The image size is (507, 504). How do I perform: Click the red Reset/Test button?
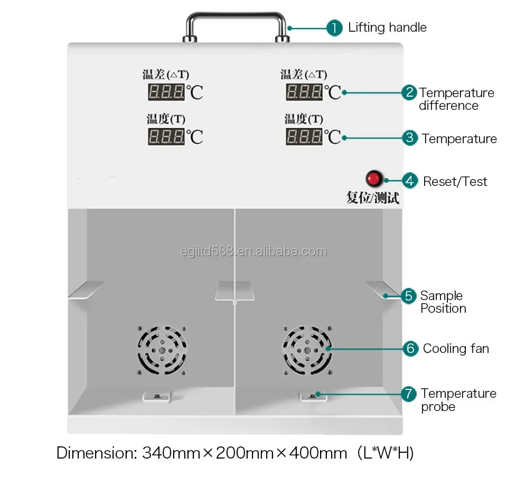374,179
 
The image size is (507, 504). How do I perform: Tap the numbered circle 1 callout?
334,27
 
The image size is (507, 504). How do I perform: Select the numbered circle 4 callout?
410,181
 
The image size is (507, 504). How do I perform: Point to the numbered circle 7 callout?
408,394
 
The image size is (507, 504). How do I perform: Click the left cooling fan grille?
162,350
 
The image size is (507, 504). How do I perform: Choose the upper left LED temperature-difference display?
167,91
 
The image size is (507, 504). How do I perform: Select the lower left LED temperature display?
167,136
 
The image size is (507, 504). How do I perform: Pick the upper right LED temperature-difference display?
304,91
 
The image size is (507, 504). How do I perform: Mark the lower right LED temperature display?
304,136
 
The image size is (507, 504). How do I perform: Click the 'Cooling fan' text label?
456,349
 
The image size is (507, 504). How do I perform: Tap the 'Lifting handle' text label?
387,27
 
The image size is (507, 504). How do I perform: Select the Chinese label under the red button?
372,198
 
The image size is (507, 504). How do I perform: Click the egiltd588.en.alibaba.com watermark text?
252,251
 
